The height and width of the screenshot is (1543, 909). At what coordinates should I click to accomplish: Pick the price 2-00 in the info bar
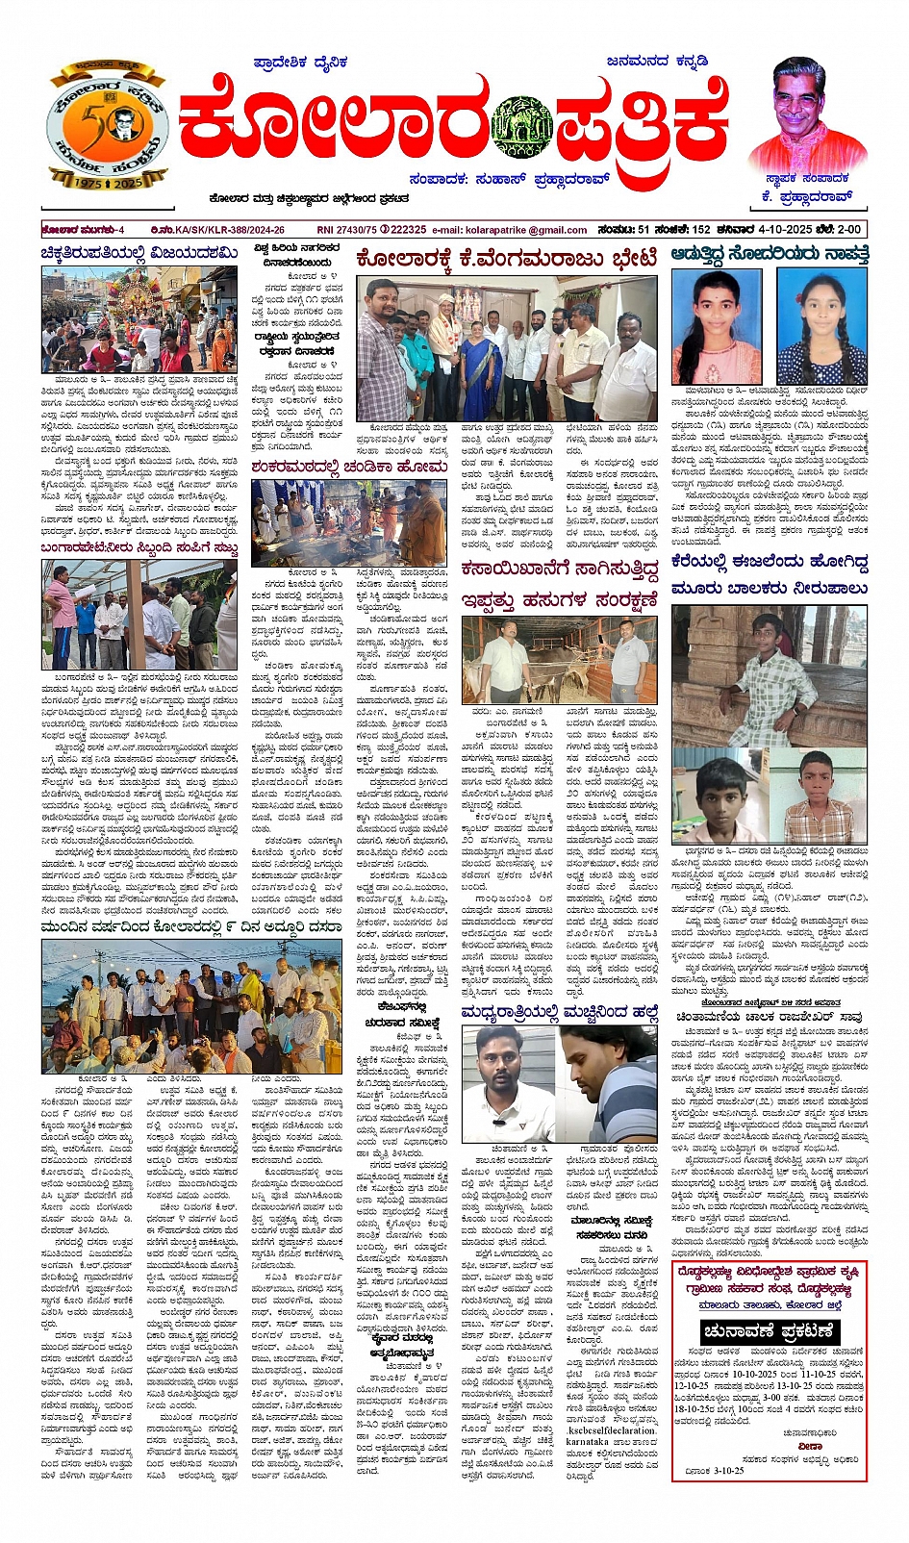point(848,230)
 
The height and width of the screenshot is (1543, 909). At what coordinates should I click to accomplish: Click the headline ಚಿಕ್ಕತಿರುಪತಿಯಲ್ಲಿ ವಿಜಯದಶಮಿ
point(139,253)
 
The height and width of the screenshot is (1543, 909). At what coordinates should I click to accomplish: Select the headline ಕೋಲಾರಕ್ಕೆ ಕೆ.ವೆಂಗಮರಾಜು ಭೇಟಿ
point(506,258)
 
